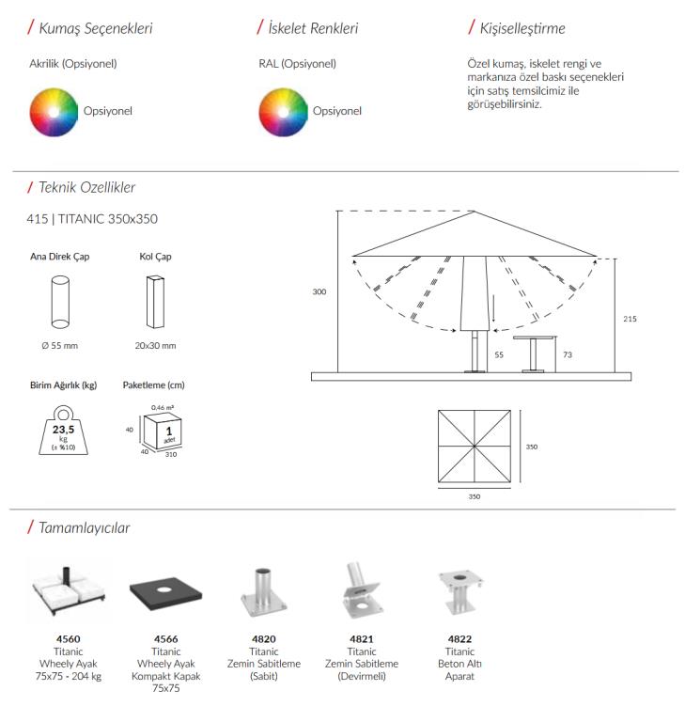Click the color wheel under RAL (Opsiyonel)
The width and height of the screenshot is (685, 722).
point(283,111)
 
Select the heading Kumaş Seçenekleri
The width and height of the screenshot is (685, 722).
point(95,28)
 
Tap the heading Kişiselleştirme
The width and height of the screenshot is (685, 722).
point(522,28)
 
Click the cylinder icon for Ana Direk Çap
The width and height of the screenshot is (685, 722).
point(60,301)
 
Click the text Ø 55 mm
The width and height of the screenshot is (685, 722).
point(60,346)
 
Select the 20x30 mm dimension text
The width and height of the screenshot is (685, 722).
point(155,346)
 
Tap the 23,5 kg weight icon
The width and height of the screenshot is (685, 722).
point(62,431)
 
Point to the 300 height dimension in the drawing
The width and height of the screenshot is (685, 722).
point(319,292)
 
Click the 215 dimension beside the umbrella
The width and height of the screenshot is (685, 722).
point(630,320)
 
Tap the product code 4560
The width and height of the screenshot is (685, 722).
point(68,639)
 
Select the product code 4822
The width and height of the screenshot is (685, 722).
point(459,639)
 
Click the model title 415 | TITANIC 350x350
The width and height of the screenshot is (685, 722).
point(93,219)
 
